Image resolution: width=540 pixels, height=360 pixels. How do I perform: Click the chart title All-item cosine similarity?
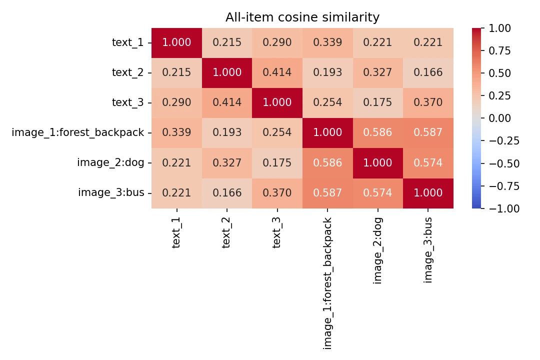[302, 17]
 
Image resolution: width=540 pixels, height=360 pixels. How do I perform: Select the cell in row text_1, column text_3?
[277, 42]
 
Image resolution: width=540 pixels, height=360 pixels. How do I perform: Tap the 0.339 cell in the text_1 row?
[327, 42]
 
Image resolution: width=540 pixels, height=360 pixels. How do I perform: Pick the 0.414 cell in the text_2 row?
[277, 72]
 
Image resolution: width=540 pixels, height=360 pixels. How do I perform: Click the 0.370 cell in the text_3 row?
[428, 102]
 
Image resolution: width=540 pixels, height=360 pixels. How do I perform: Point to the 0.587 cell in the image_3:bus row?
[327, 193]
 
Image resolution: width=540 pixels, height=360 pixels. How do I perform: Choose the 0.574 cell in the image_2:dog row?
[428, 163]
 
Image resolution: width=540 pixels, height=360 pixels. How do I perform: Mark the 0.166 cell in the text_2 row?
[428, 72]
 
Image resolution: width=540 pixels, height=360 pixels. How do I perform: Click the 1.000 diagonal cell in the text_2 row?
[227, 72]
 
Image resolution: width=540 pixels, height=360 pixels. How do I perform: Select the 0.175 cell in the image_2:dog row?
[277, 163]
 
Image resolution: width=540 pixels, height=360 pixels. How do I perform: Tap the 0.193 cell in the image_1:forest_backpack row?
[227, 132]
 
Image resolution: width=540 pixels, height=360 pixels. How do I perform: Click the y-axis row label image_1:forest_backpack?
[77, 132]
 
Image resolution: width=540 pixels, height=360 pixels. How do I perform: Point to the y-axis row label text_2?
[127, 72]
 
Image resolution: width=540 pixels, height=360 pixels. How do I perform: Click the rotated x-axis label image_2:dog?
[378, 250]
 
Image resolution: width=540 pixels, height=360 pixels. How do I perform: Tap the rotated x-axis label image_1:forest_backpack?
[327, 282]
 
